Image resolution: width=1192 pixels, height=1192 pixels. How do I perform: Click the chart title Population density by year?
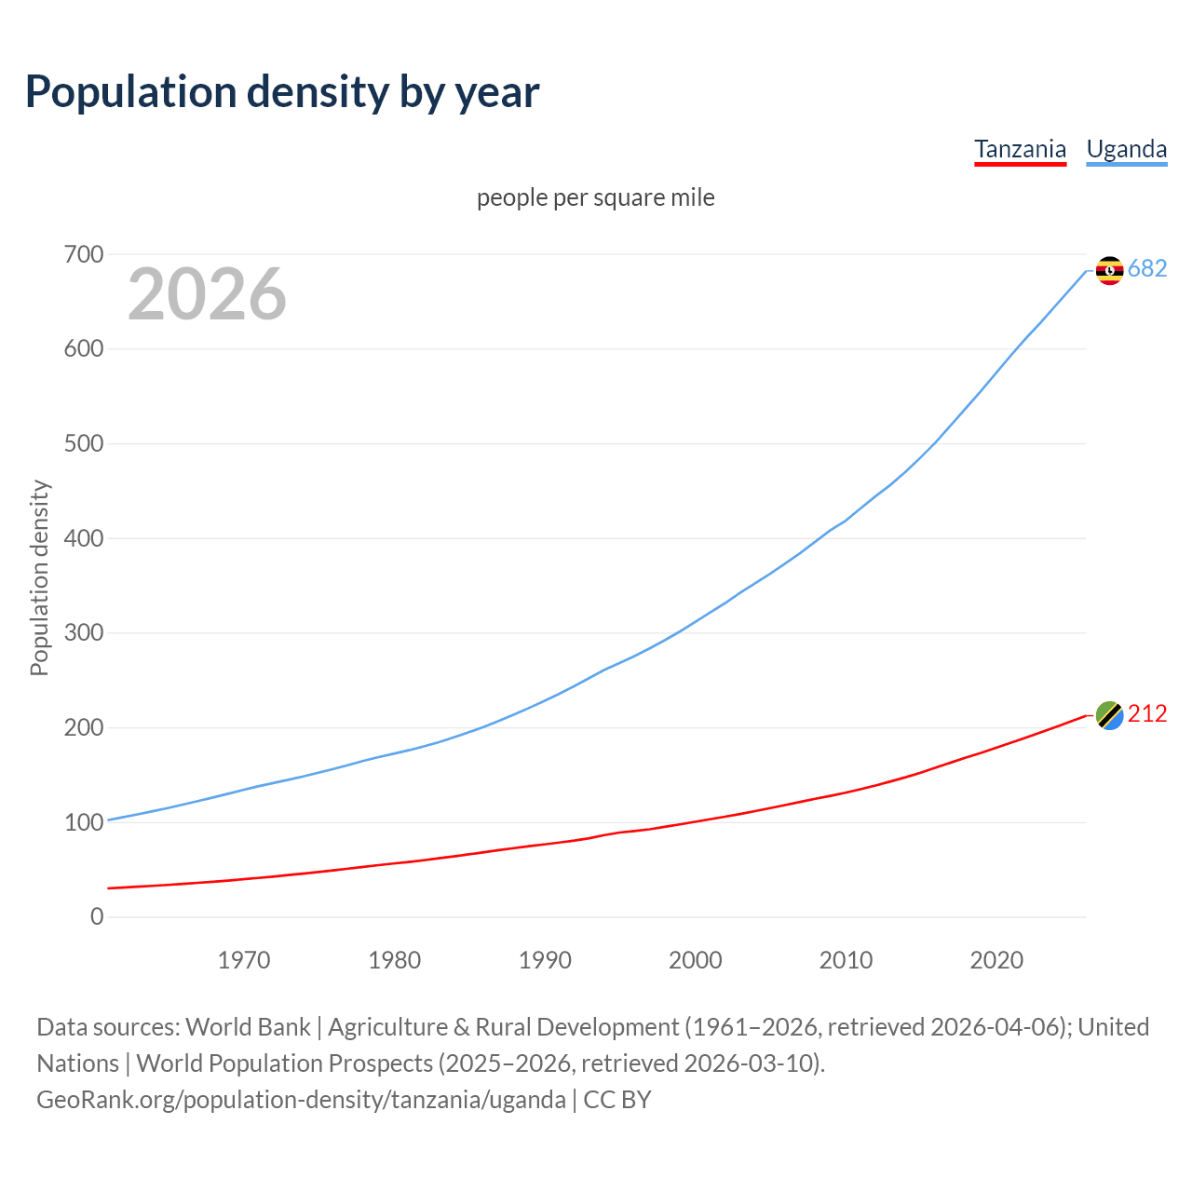[282, 92]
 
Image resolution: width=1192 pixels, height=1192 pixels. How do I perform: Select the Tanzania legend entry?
[1020, 149]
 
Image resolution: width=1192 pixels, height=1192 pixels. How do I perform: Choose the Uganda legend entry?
[1126, 149]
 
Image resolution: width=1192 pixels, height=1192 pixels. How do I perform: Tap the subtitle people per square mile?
[595, 197]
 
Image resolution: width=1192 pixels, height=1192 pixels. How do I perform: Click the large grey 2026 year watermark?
[207, 294]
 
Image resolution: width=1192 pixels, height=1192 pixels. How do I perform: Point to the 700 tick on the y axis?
[84, 254]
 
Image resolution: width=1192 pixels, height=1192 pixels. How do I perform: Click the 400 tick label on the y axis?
[84, 538]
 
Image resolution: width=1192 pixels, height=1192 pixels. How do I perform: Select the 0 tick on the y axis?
[97, 916]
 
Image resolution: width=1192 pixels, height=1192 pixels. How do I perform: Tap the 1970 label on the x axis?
[244, 960]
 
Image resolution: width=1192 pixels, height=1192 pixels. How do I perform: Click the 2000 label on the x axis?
[695, 960]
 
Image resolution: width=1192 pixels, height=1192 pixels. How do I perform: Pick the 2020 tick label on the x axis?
[996, 960]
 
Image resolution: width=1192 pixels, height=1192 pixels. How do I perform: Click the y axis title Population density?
[39, 577]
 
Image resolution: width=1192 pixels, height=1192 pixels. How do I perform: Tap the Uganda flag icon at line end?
[1109, 270]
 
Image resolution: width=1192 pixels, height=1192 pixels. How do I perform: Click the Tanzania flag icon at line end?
[1109, 715]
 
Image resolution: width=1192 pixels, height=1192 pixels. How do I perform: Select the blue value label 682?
[1147, 268]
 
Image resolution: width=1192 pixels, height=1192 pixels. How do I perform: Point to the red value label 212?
[1147, 713]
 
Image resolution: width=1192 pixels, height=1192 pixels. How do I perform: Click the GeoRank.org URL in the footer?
[301, 1100]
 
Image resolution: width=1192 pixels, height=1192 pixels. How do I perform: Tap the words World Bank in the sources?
[248, 1027]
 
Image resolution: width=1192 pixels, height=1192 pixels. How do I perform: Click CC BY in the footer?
[616, 1100]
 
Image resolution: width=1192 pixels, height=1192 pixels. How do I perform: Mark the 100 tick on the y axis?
[84, 822]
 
